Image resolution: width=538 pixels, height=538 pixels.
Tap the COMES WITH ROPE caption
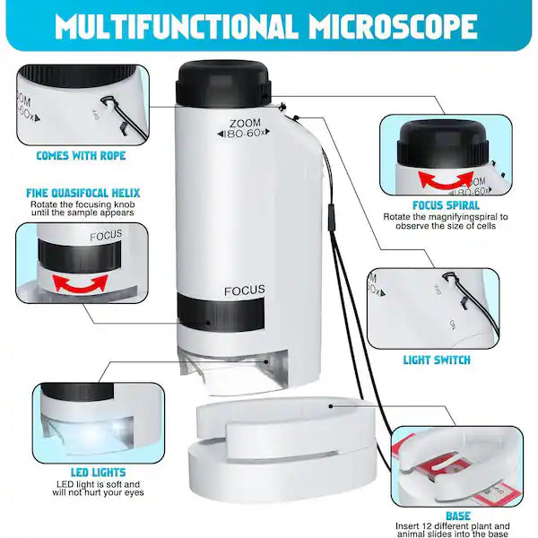[81, 155]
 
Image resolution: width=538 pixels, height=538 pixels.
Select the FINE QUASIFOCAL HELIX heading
[83, 192]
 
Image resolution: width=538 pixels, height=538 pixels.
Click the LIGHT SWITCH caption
[437, 360]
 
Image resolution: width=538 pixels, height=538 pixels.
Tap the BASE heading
[458, 516]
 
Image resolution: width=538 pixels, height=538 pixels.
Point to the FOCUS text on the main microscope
[244, 290]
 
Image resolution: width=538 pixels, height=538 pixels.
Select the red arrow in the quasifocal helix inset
[77, 283]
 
